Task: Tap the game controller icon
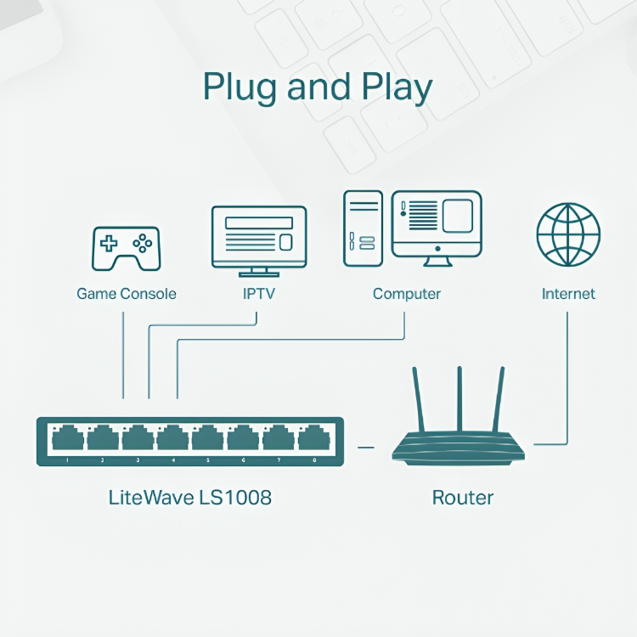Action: click(x=126, y=247)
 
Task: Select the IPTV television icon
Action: click(x=258, y=240)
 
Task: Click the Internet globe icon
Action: click(x=568, y=234)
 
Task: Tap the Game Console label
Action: click(x=127, y=294)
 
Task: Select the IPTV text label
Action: click(x=258, y=294)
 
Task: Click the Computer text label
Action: click(x=407, y=294)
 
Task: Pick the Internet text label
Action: click(x=568, y=294)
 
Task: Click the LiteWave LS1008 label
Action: click(x=190, y=497)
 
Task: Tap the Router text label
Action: click(x=463, y=497)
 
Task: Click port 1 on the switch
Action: click(x=67, y=439)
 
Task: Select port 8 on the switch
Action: click(x=313, y=439)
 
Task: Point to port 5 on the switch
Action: click(x=207, y=439)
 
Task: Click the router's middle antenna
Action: click(x=459, y=399)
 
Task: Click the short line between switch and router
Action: click(x=366, y=446)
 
